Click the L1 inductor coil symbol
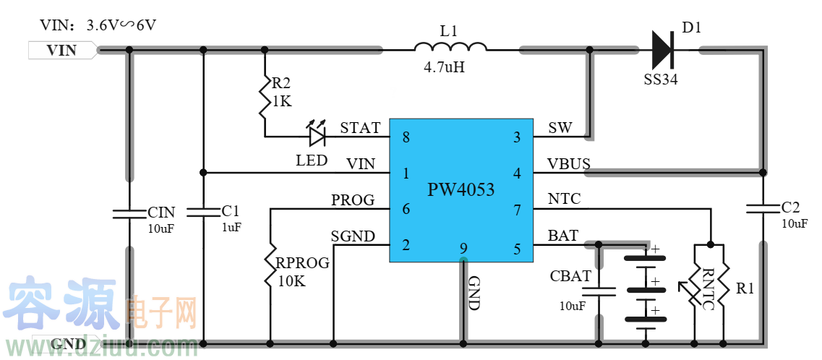click(x=450, y=47)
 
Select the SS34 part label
click(x=661, y=80)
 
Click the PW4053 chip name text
click(x=461, y=190)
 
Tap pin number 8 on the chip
click(x=406, y=137)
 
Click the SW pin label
click(x=560, y=128)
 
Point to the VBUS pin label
click(x=569, y=164)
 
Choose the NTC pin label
click(x=564, y=199)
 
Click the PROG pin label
click(x=353, y=200)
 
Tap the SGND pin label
click(x=353, y=236)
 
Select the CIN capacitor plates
click(x=129, y=213)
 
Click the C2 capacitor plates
click(x=763, y=208)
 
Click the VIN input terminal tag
click(x=61, y=50)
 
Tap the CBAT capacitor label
click(x=570, y=276)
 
